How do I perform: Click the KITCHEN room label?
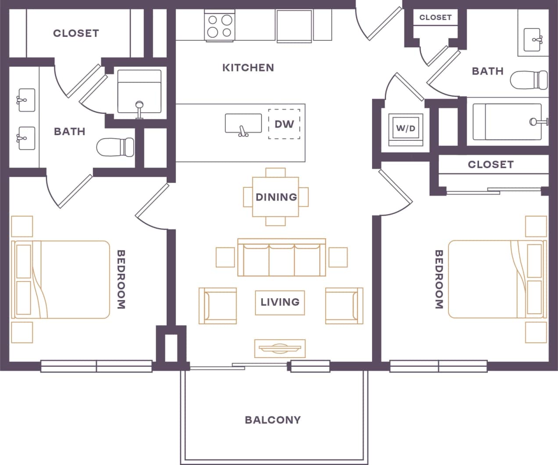[x=248, y=68]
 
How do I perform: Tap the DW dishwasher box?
[x=284, y=124]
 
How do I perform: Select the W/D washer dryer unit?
[x=405, y=129]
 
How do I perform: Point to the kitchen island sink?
[x=243, y=124]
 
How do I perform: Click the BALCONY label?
[x=273, y=420]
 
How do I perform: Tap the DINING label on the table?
[x=276, y=197]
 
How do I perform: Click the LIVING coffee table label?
[x=280, y=302]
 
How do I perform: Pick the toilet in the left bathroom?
[x=115, y=147]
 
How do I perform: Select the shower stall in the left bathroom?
[x=139, y=90]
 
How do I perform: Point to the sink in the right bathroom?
[x=534, y=39]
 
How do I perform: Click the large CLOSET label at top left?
[x=76, y=33]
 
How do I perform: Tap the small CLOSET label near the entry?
[x=435, y=18]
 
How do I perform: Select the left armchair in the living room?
[x=218, y=306]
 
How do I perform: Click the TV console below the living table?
[x=280, y=348]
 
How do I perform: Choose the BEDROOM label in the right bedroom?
[x=439, y=279]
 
